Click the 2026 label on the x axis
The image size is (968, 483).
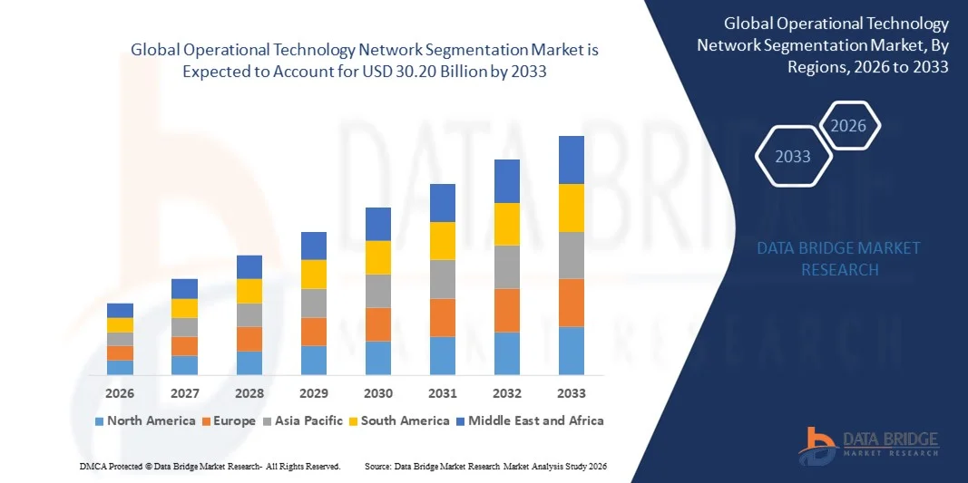point(120,393)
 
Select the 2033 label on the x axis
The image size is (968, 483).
point(572,393)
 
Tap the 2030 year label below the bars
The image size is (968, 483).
point(378,393)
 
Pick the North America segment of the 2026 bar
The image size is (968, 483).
point(120,367)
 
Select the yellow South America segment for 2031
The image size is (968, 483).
point(443,240)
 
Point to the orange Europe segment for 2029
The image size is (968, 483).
point(314,331)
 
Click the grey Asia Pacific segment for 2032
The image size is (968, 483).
point(507,266)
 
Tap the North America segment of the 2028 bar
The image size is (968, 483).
point(249,362)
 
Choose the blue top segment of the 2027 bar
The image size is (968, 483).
point(184,288)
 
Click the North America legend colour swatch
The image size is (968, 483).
point(100,421)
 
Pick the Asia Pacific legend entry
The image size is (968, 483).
point(303,420)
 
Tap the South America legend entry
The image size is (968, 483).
point(405,420)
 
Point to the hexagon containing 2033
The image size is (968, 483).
point(793,157)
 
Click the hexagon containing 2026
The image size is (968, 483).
point(849,126)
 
